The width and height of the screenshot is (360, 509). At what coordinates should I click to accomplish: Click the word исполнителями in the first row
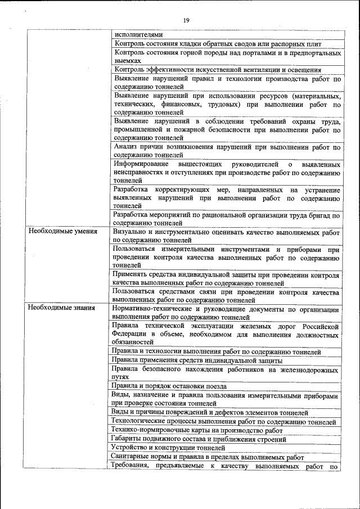pos(136,34)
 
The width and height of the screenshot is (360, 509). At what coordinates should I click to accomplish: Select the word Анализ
pos(125,147)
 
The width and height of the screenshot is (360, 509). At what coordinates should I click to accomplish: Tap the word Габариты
pos(127,438)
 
